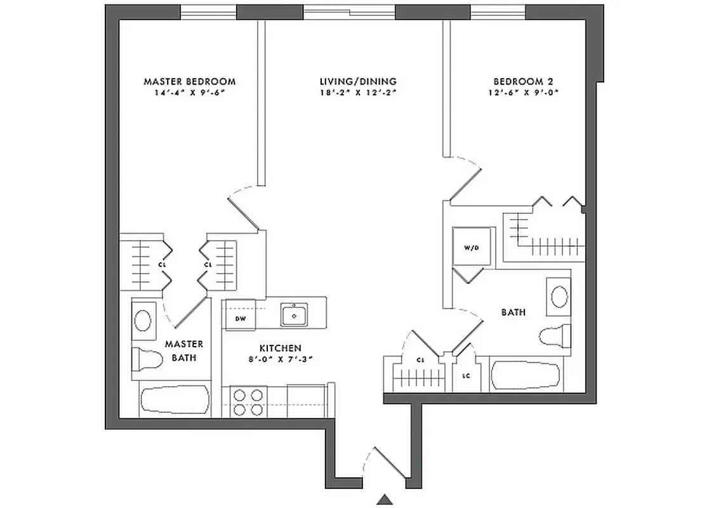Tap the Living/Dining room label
pyautogui.click(x=358, y=82)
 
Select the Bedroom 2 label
pyautogui.click(x=519, y=82)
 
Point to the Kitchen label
pyautogui.click(x=279, y=349)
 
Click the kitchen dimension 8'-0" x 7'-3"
pyautogui.click(x=279, y=359)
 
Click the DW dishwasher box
pyautogui.click(x=241, y=318)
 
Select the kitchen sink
pyautogui.click(x=294, y=314)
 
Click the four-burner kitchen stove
pyautogui.click(x=248, y=401)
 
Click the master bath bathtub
pyautogui.click(x=174, y=401)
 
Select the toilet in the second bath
pyautogui.click(x=553, y=336)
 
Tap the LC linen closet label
pyautogui.click(x=466, y=376)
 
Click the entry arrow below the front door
pyautogui.click(x=385, y=498)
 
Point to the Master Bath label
pyautogui.click(x=184, y=351)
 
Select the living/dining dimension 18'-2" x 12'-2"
pyautogui.click(x=358, y=92)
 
